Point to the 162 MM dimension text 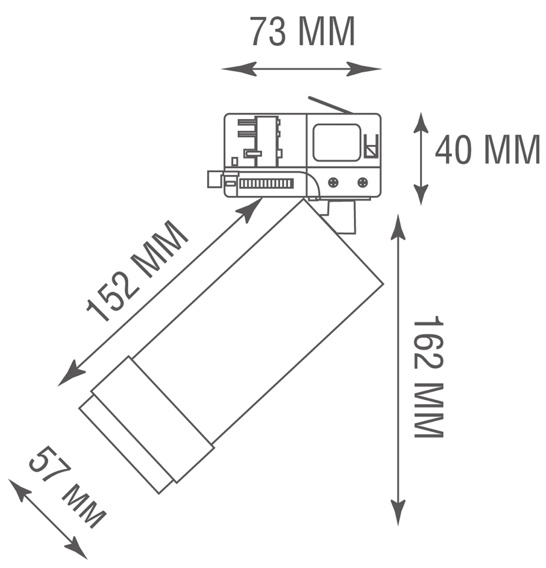click(x=428, y=377)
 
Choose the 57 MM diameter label click(x=66, y=488)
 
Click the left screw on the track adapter click(x=333, y=182)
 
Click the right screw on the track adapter click(x=363, y=182)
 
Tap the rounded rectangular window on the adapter click(x=336, y=142)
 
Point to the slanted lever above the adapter click(x=330, y=105)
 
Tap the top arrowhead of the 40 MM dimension click(x=421, y=123)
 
